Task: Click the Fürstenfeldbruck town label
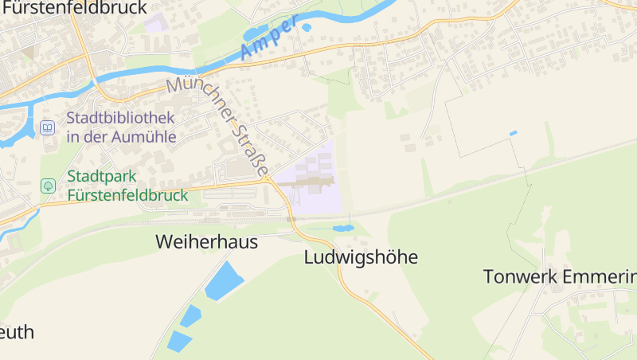point(76,8)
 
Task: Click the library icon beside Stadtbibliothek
point(48,127)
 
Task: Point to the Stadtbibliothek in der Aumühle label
point(121,127)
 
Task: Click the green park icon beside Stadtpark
point(48,186)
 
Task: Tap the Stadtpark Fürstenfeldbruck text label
point(127,186)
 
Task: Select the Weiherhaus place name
point(207,241)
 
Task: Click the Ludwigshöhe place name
point(361,257)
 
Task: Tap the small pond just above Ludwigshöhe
point(343,229)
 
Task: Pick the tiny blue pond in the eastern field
point(514,132)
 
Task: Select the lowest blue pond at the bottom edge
point(179,342)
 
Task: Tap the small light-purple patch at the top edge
point(156,22)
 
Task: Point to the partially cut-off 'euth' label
point(18,332)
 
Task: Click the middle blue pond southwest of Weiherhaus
point(190,316)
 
